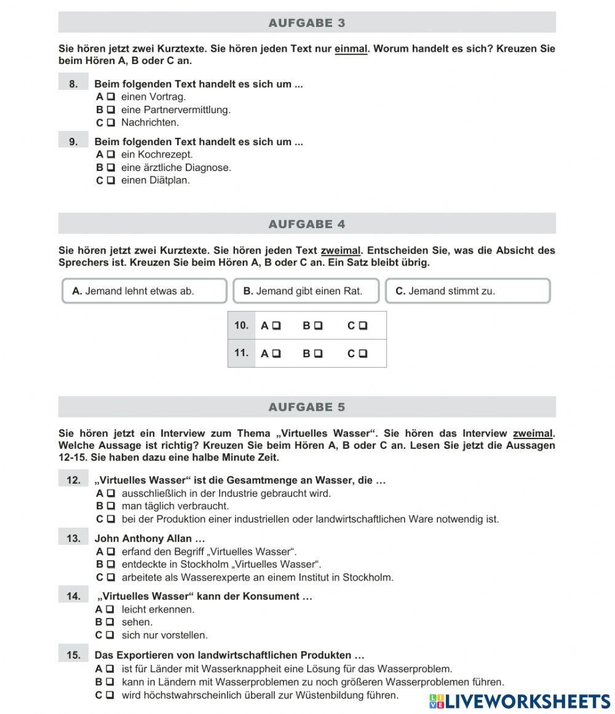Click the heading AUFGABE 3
pos(307,23)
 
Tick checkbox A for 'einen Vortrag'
pos(111,97)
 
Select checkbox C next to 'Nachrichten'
pos(111,122)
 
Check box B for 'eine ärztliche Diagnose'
pos(111,167)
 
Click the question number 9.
pos(74,141)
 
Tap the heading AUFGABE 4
pos(307,224)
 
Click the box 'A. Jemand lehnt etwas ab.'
pos(145,291)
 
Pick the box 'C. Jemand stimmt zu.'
pos(467,291)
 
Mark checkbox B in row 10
pos(318,325)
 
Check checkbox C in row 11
pos(363,354)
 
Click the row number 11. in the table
pos(241,353)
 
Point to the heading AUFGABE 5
pos(307,407)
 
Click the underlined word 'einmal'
pos(351,49)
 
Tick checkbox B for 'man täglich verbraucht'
pos(111,506)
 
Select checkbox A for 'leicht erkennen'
pos(110,609)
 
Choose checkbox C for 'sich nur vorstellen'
pos(110,635)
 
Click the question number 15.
pos(74,655)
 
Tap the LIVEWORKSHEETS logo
pos(520,701)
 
